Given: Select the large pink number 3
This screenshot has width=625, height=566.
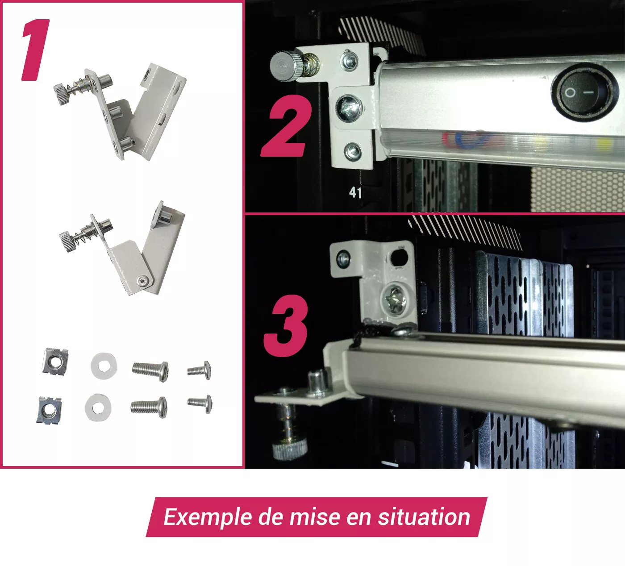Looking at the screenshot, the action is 286,326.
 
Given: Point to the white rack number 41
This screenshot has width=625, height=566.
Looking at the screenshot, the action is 355,193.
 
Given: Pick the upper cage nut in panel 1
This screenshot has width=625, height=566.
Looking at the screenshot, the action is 55,361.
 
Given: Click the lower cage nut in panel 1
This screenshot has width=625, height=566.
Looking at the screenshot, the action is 49,410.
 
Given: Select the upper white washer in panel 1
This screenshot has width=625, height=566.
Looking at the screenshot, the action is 104,365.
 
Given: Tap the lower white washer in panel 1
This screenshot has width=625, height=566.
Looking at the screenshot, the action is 98,408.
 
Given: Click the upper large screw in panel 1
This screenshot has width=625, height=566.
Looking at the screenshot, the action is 150,371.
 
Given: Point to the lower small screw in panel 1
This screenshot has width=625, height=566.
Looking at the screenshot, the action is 200,404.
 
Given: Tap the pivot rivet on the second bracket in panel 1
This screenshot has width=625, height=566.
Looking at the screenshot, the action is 143,281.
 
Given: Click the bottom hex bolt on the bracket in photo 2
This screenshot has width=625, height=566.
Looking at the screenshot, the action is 353,151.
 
